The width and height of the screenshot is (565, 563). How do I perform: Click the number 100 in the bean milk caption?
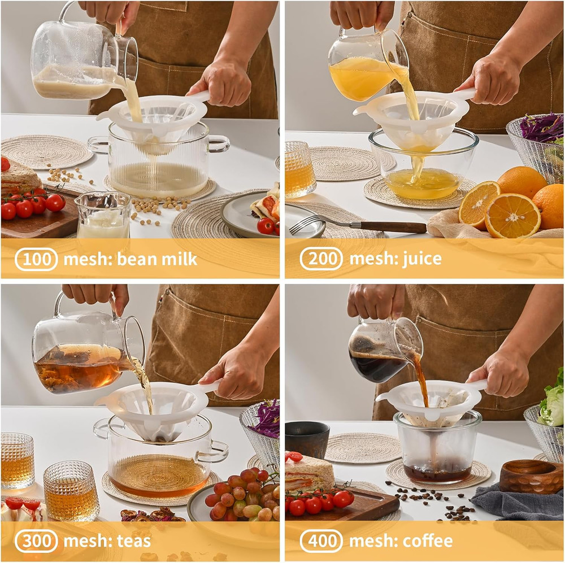pos(37,259)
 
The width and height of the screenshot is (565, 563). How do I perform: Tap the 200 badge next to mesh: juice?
pos(321,259)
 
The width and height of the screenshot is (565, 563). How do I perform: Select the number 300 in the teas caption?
pos(37,541)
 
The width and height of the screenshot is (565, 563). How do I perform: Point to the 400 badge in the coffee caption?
pos(321,541)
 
